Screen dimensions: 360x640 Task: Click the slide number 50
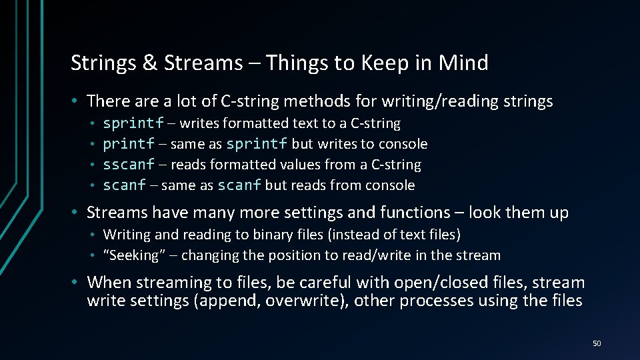pyautogui.click(x=596, y=343)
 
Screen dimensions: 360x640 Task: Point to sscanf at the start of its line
pyautogui.click(x=129, y=165)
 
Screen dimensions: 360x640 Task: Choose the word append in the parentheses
pyautogui.click(x=225, y=301)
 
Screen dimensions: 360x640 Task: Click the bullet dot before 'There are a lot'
pyautogui.click(x=77, y=101)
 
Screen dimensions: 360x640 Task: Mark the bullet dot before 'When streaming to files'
pyautogui.click(x=77, y=282)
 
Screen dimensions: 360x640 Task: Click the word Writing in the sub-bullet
pyautogui.click(x=127, y=235)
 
